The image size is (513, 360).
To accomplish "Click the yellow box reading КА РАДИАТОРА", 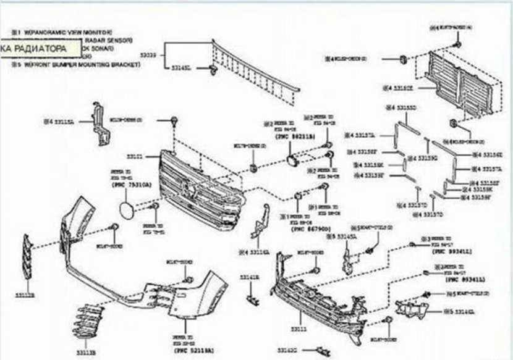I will [40, 47].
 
